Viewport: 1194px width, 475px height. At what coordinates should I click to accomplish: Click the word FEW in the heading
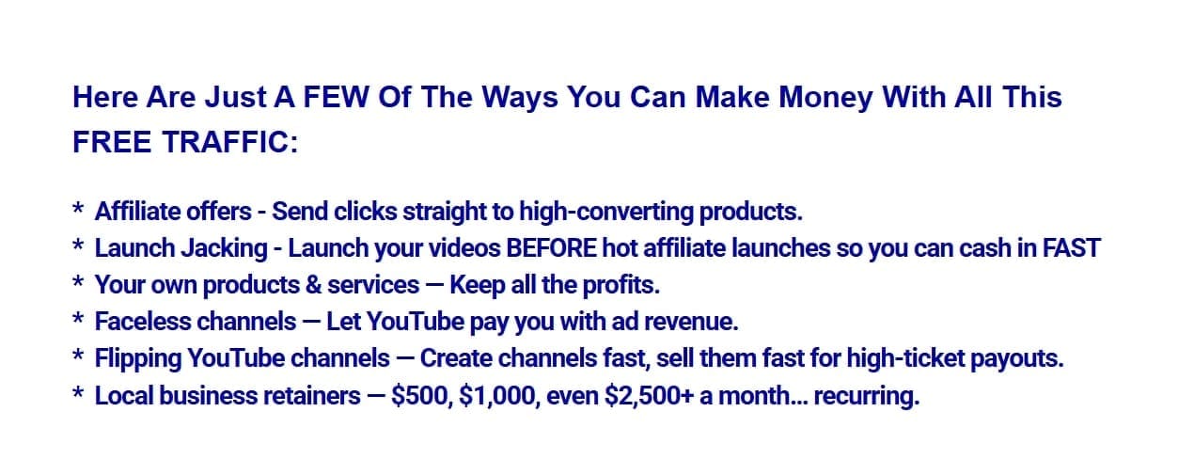tap(336, 97)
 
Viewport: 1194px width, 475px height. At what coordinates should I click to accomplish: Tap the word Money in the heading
tap(825, 98)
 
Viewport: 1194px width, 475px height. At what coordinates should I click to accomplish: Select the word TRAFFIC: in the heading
tap(230, 142)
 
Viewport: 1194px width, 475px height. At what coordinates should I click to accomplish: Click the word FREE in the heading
tap(111, 142)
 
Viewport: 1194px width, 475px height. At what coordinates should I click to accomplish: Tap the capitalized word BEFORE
tap(551, 248)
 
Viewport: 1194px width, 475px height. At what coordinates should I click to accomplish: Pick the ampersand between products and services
tap(313, 285)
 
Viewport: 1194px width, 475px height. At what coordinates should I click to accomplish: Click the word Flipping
tap(138, 358)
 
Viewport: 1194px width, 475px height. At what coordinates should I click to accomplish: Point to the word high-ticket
tap(905, 358)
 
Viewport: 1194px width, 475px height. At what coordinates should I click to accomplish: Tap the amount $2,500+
tap(650, 396)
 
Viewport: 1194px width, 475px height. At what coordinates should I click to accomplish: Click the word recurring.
tap(867, 397)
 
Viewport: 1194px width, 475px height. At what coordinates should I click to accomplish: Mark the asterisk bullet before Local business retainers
tap(78, 392)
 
